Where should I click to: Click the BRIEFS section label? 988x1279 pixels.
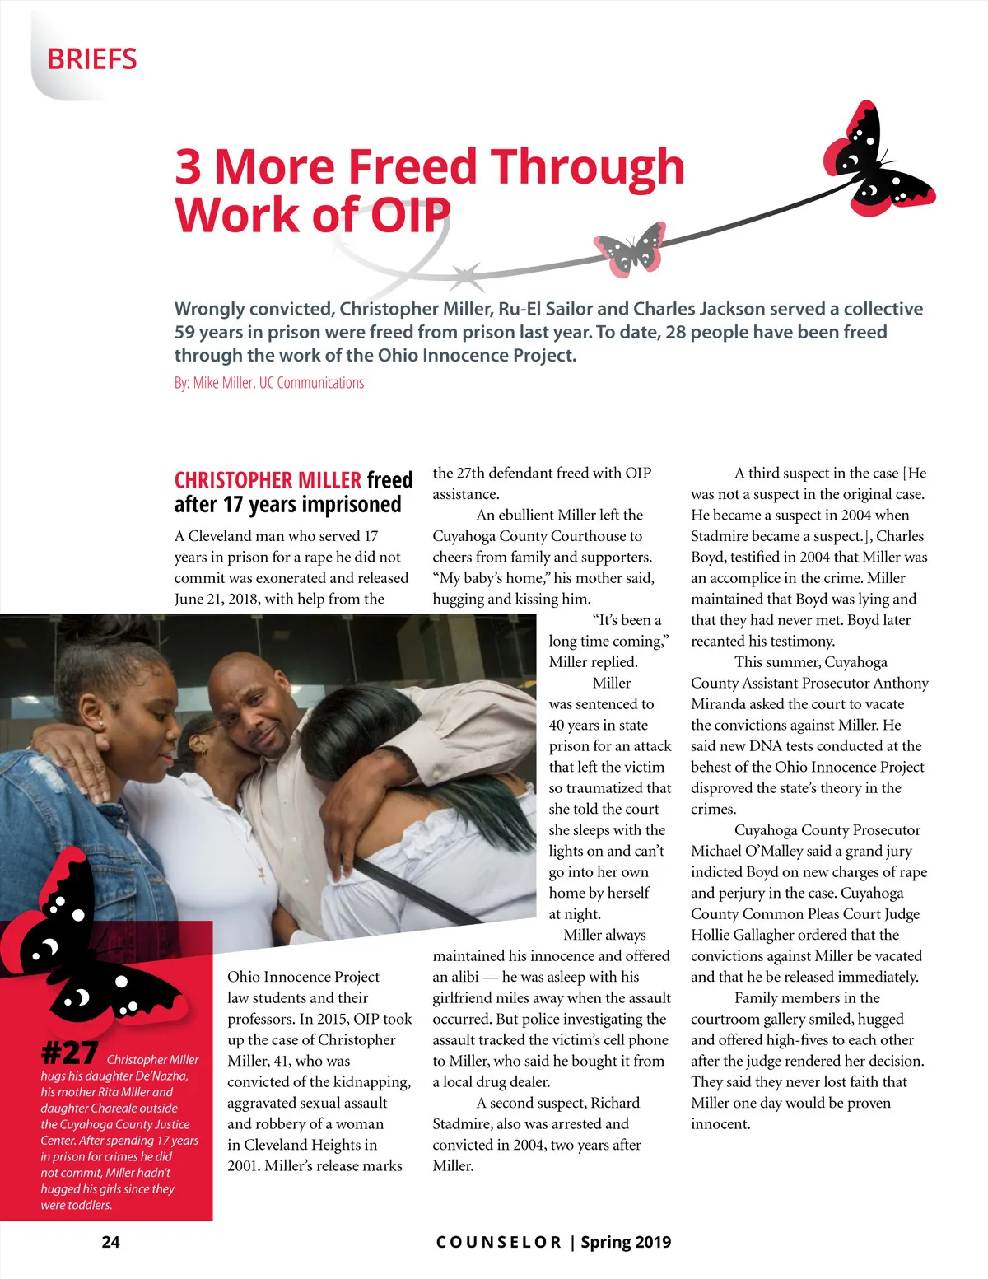tap(92, 59)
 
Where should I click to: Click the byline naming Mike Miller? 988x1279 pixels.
tap(268, 383)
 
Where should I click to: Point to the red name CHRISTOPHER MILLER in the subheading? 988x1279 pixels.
tap(268, 480)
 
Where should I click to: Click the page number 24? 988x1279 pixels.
tap(110, 1242)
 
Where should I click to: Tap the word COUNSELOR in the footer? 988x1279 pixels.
tap(498, 1242)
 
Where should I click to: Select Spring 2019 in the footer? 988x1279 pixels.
tap(626, 1242)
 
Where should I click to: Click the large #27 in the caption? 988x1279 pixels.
tap(69, 1053)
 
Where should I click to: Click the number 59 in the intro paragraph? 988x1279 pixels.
tap(184, 332)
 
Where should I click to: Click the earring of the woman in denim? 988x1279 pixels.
tap(100, 724)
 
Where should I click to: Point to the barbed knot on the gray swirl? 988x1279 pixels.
tap(466, 275)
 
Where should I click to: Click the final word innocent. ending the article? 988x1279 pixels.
tap(720, 1124)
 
